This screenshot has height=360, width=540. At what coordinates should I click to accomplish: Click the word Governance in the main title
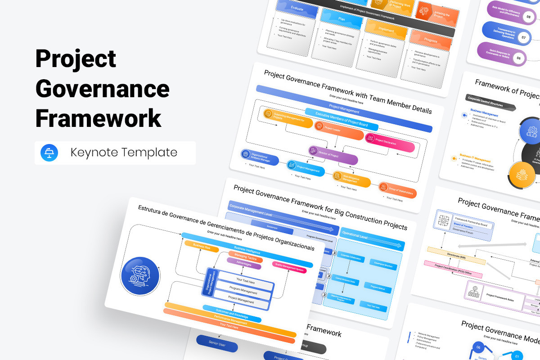click(102, 88)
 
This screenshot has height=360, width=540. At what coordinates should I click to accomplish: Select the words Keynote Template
click(124, 153)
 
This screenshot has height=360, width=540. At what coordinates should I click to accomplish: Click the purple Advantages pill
click(244, 263)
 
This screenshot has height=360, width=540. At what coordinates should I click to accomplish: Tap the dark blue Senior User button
click(217, 346)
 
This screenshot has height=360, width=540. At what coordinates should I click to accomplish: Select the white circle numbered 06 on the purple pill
click(518, 58)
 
